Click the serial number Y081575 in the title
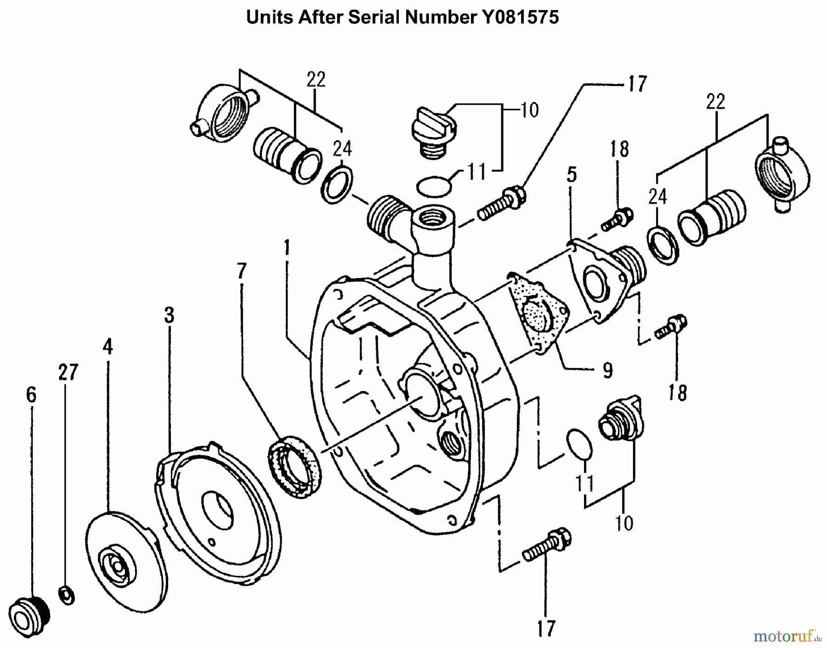coord(520,17)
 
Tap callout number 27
coord(68,372)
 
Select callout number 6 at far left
coord(31,394)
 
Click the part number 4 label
coord(108,347)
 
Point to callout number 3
coord(169,315)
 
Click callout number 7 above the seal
coord(242,271)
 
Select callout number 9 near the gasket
coord(607,370)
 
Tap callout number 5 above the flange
coord(572,175)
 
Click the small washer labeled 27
coord(67,596)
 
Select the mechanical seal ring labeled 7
coord(295,468)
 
